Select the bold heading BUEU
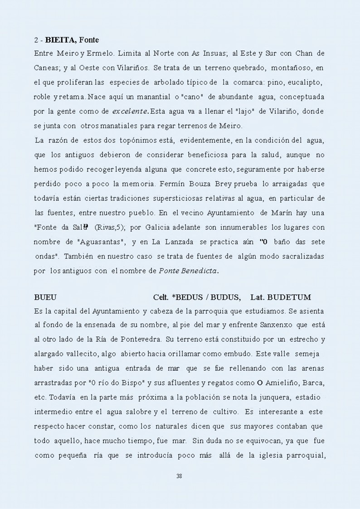point(45,298)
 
